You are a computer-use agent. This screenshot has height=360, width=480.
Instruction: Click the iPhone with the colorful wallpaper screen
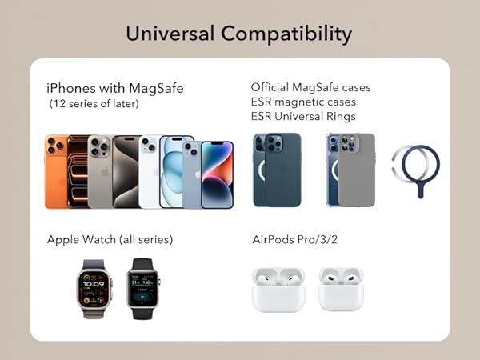[x=217, y=174]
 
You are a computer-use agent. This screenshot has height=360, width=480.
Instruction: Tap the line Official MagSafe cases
[x=310, y=87]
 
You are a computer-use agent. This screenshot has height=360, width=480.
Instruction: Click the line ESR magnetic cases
[x=303, y=102]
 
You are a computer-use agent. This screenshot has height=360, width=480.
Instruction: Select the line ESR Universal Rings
[x=303, y=117]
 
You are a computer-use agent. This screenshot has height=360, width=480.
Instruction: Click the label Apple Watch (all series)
[x=110, y=239]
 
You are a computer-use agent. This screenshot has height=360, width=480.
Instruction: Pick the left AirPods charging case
[x=278, y=290]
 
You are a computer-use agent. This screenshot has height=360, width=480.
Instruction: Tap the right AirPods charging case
[x=341, y=290]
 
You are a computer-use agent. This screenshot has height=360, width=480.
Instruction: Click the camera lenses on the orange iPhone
[x=55, y=146]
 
